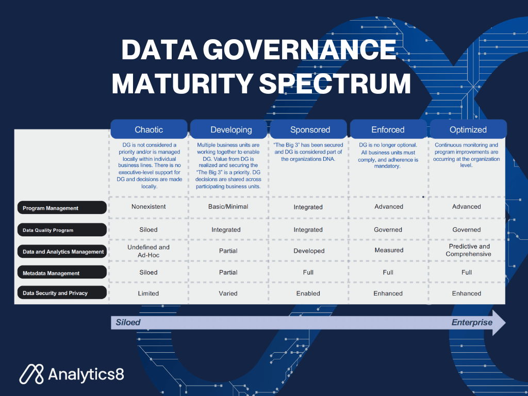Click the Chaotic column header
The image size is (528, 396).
point(149,129)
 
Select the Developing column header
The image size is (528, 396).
point(228,129)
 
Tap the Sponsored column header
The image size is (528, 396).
point(308,129)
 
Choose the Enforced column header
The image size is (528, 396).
point(388,129)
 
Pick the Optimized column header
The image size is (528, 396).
point(468,129)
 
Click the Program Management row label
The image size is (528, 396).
point(62,208)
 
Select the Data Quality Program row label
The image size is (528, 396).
point(62,229)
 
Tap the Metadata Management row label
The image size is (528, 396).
point(62,273)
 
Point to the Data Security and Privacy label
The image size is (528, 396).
point(62,293)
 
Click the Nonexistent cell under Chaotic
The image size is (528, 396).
point(148,207)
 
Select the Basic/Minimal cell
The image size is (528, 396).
point(228,207)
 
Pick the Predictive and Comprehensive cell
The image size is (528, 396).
point(468,250)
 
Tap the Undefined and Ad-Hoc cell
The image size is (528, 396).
point(148,251)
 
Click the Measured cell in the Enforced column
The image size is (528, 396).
point(389,250)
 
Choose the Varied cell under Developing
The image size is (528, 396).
point(228,293)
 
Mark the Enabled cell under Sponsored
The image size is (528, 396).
point(308,293)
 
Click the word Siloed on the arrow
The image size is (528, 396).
point(128,322)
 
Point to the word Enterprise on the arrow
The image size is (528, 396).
point(472,322)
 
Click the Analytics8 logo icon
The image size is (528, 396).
point(31,374)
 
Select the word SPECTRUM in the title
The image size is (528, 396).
point(335,83)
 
